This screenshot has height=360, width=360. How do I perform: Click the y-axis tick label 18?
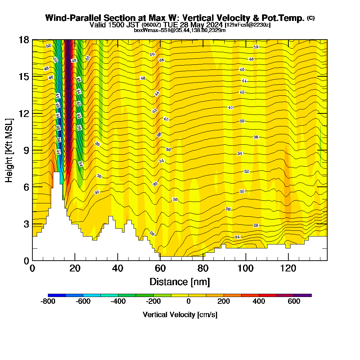[24, 40]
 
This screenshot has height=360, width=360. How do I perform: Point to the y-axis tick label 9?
[26, 150]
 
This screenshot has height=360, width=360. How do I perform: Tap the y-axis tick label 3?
[26, 224]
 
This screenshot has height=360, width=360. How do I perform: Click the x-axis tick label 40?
[118, 269]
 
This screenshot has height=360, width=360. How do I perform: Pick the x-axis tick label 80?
[203, 269]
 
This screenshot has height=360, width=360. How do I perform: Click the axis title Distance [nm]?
[180, 282]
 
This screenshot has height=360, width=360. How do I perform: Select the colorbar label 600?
[294, 302]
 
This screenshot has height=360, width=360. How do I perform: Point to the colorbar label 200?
[224, 302]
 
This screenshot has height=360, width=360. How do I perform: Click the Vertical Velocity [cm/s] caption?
[180, 315]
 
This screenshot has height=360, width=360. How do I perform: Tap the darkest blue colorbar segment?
[57, 295]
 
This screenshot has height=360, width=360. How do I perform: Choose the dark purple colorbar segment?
[303, 295]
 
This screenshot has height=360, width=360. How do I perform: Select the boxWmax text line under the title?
[180, 30]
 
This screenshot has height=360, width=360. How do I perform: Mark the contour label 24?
[237, 237]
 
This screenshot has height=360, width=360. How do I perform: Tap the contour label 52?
[49, 46]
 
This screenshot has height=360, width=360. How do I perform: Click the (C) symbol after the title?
[311, 18]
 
